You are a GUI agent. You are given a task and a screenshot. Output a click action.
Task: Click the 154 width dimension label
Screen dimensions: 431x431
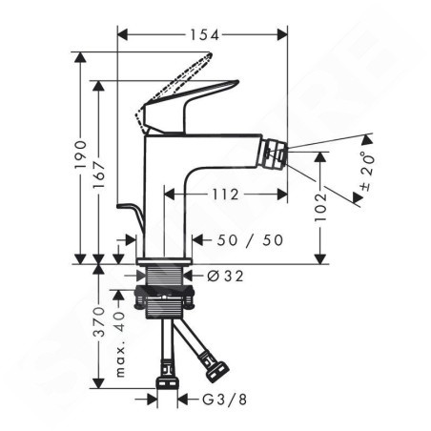click(x=205, y=35)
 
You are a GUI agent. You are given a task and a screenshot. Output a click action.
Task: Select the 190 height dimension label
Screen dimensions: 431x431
click(x=81, y=154)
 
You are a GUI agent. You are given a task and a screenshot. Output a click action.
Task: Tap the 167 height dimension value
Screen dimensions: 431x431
click(x=99, y=175)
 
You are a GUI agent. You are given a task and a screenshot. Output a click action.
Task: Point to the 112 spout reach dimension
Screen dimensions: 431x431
click(x=225, y=195)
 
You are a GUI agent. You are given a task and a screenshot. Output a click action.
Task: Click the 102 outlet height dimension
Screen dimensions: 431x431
click(x=320, y=208)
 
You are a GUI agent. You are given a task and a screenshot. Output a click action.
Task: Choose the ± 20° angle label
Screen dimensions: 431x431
click(x=367, y=172)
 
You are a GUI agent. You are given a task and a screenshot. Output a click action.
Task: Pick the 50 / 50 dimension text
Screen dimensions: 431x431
click(x=250, y=240)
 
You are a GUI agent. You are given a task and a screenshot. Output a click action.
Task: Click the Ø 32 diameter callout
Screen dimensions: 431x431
click(x=225, y=276)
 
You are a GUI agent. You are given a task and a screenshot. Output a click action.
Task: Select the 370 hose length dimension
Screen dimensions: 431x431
click(x=99, y=322)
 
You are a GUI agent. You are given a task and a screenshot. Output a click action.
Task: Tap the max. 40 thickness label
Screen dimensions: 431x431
click(x=120, y=344)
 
